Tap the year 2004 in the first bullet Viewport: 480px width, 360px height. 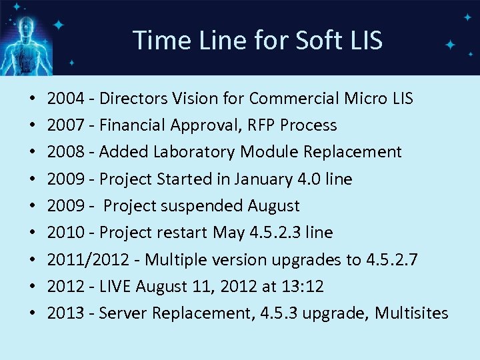pos(65,99)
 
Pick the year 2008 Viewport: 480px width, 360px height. pos(65,152)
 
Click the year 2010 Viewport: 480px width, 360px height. pos(65,233)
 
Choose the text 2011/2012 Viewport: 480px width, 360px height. pos(89,259)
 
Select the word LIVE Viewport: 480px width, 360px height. pos(115,287)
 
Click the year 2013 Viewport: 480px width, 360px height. pos(65,313)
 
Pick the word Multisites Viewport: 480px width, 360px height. pos(411,313)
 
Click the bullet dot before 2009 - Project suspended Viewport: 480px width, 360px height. pos(33,206)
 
